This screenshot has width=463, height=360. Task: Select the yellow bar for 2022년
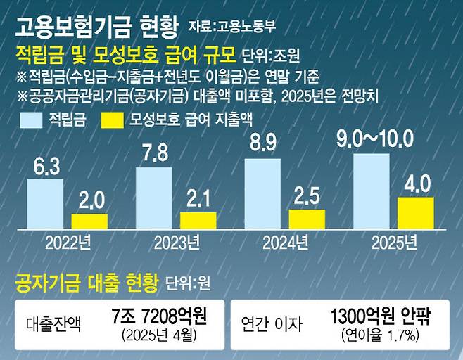(x=89, y=221)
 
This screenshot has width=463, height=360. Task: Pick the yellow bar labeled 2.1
(x=198, y=220)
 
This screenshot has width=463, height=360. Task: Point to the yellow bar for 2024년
(x=307, y=219)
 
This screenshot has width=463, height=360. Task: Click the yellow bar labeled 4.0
(x=416, y=213)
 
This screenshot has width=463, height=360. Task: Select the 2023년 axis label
(x=177, y=243)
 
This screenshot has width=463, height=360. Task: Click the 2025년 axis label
(x=394, y=243)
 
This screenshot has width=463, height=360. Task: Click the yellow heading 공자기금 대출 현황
(x=88, y=283)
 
